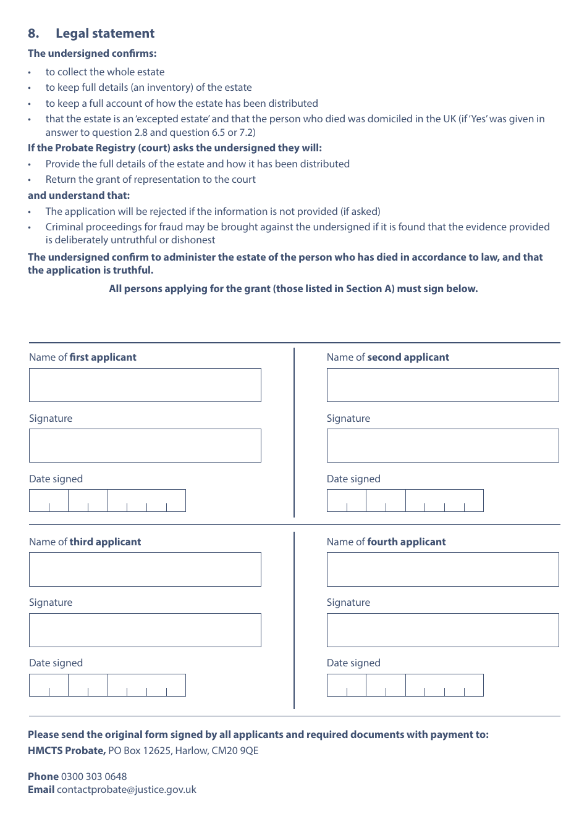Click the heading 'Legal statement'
tap(105, 33)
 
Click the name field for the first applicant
tap(145, 385)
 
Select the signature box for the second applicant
tap(442, 445)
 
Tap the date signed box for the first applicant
tap(107, 501)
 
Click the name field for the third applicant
tap(145, 569)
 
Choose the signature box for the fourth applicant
tap(442, 630)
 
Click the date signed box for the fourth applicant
tap(405, 685)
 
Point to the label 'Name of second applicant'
tap(387, 357)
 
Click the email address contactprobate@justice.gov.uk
tap(127, 789)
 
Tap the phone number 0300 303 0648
tap(94, 776)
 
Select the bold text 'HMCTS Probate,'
tap(67, 750)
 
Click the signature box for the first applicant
tap(145, 445)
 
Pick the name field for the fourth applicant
tap(442, 569)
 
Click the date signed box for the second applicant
tap(405, 501)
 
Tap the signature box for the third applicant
tap(145, 630)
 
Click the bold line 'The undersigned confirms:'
tap(92, 53)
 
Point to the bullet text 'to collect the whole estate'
tap(105, 72)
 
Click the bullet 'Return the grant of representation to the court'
tap(150, 179)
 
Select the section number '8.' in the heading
tap(33, 33)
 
